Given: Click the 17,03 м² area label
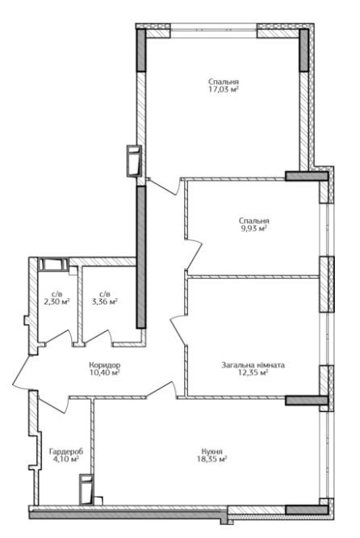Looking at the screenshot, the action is pos(224,90).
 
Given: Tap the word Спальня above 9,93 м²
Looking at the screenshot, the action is pos(254,221).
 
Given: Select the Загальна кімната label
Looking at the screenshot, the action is pos(253,365).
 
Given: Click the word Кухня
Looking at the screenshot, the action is pos(212,452).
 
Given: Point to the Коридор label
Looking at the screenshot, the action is pos(105,365).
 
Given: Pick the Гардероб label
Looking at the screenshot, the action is pos(66,452).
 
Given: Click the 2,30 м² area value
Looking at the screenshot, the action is pos(57,302).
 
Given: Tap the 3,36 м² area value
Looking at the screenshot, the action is pos(105,302).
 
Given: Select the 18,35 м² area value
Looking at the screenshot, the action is pos(212,460).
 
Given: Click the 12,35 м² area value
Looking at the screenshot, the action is pos(253,372).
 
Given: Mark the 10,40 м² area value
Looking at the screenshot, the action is pos(105,372).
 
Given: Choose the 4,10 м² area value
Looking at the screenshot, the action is pos(66,459).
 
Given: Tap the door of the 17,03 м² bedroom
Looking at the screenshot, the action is pos(166,187).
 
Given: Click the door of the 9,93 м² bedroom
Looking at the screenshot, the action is pos(195,254).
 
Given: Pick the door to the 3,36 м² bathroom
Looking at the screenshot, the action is pos(97,337).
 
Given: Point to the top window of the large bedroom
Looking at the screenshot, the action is pos(213,30).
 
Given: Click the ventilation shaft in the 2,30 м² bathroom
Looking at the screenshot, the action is pos(53,263).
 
